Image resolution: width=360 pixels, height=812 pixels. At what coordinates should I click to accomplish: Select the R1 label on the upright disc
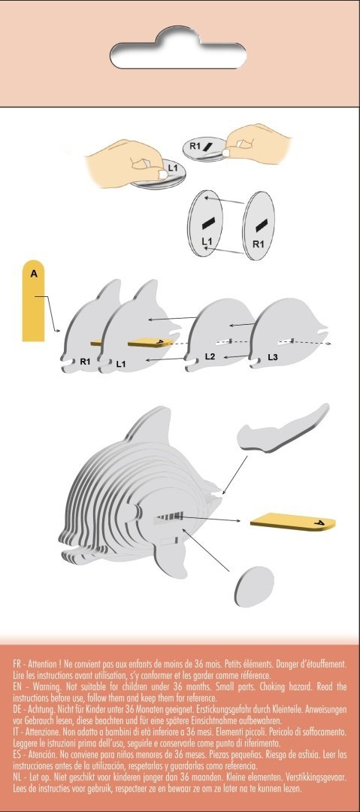pyautogui.click(x=258, y=244)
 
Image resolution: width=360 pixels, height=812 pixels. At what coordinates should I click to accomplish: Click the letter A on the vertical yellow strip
pyautogui.click(x=33, y=275)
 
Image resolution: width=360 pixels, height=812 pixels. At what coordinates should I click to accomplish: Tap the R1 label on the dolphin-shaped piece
pyautogui.click(x=85, y=362)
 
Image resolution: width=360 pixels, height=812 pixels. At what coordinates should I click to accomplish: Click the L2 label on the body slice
pyautogui.click(x=210, y=355)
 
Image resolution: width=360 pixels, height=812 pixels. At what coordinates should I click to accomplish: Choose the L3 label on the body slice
pyautogui.click(x=273, y=356)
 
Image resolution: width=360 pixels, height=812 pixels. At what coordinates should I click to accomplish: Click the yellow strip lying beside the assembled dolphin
pyautogui.click(x=292, y=520)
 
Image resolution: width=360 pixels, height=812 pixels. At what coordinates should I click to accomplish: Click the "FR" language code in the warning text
pyautogui.click(x=19, y=665)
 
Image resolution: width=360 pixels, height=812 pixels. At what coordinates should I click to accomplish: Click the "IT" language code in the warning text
pyautogui.click(x=17, y=731)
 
